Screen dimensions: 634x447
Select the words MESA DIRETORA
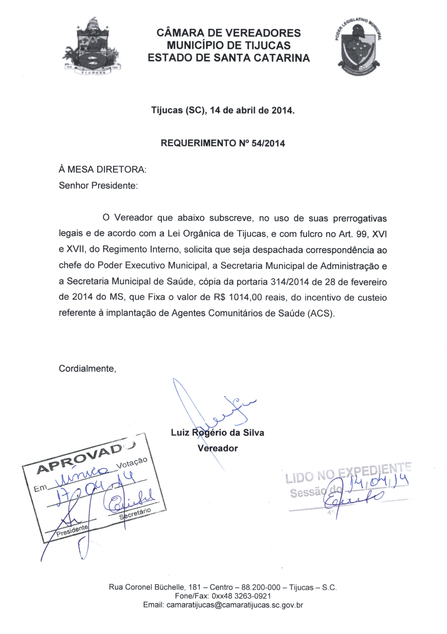(x=106, y=170)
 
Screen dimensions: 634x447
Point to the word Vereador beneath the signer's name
(x=217, y=448)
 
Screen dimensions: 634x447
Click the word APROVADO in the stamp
(x=80, y=457)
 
